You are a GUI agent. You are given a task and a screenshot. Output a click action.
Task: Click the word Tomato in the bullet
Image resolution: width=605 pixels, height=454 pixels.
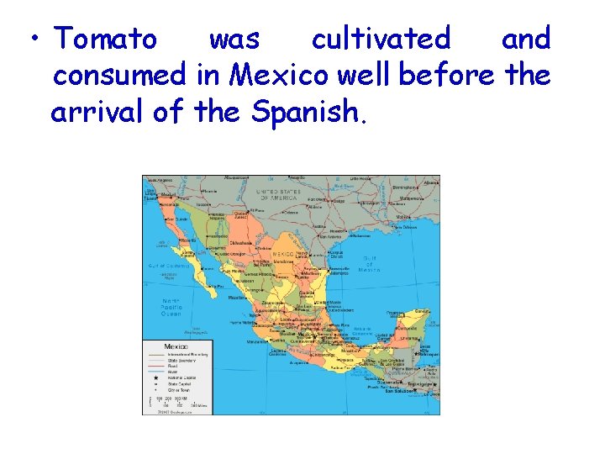coord(105,39)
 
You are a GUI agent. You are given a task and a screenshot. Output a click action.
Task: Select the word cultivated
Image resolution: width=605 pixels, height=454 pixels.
coord(381,39)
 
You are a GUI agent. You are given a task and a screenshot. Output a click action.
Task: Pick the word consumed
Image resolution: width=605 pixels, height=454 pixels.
coord(119,76)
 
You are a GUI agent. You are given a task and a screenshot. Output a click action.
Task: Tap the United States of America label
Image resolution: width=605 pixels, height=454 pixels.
coord(276,194)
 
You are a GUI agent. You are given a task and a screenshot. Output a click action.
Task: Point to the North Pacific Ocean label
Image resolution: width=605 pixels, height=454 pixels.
coord(171,308)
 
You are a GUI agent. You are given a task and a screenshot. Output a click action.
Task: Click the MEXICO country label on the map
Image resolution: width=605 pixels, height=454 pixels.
coord(282,254)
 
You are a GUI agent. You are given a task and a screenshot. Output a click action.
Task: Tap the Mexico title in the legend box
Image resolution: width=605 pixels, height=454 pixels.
coord(176,346)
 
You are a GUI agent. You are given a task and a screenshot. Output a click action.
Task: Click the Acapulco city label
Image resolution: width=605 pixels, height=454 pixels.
coord(299,363)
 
